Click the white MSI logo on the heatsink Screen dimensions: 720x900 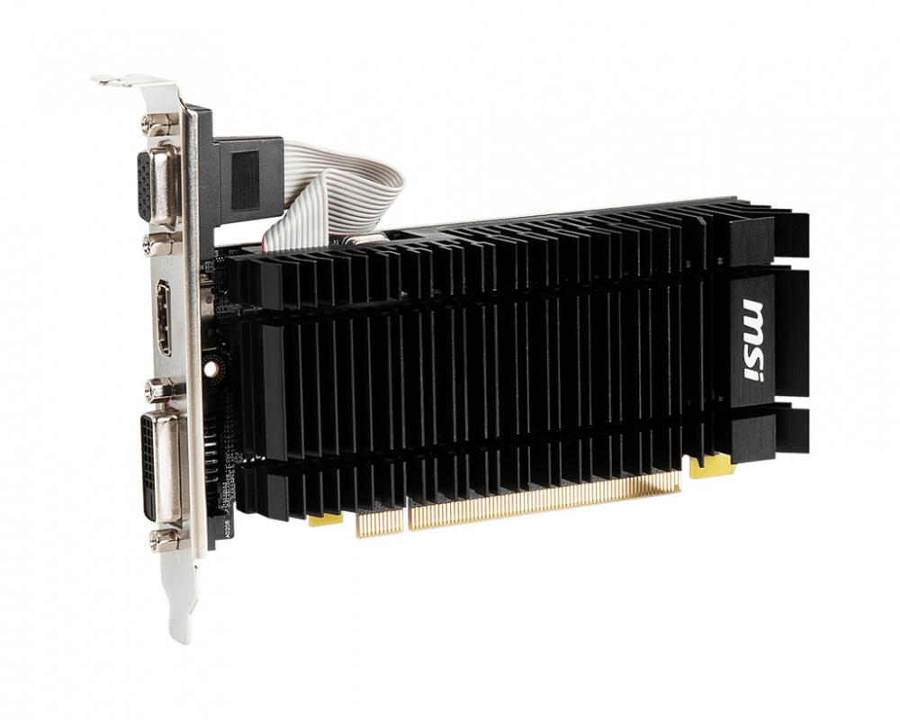(754, 341)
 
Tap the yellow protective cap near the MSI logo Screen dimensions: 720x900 (711, 467)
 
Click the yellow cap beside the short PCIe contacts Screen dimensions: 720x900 (325, 520)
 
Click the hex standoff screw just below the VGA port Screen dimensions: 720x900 (159, 245)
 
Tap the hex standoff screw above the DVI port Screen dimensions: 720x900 (159, 390)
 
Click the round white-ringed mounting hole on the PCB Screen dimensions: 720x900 (211, 368)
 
